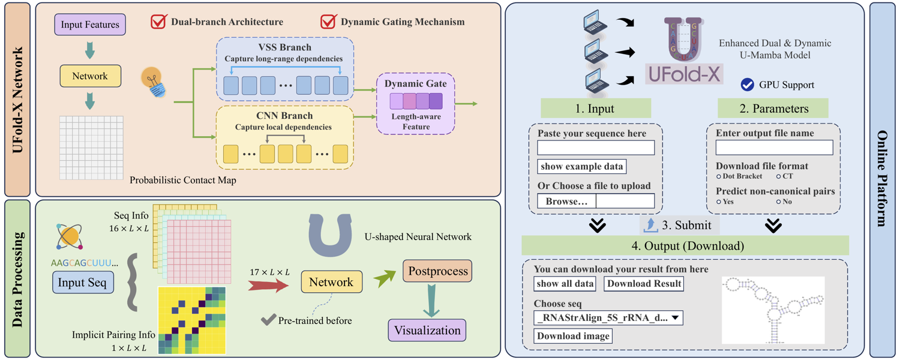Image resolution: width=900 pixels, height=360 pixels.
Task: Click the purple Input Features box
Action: tap(90, 25)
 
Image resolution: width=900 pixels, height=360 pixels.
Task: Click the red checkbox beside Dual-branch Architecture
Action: tap(159, 22)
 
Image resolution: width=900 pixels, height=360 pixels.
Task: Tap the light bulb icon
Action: tap(153, 82)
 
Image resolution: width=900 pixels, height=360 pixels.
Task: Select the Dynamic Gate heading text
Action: tap(415, 83)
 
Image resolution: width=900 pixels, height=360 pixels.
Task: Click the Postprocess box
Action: tap(437, 271)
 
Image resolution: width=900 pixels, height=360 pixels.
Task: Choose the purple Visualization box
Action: tap(427, 330)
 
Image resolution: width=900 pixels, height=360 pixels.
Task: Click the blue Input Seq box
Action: tap(83, 282)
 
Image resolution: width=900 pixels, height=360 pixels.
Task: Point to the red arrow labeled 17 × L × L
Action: tap(268, 286)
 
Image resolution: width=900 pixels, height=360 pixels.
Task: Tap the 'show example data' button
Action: tap(582, 166)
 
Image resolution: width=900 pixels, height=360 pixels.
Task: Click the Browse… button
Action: tap(566, 201)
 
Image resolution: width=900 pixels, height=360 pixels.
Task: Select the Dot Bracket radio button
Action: tap(718, 176)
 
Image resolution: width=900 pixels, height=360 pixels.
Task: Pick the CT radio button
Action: tap(778, 176)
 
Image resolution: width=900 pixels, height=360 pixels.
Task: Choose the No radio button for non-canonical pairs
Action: tap(778, 202)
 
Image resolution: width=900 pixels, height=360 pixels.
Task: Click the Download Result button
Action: tap(644, 284)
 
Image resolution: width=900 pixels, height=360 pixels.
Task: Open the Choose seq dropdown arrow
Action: tap(676, 318)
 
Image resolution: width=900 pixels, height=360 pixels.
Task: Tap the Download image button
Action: tap(573, 336)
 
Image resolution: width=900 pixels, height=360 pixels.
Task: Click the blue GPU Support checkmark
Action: tap(748, 85)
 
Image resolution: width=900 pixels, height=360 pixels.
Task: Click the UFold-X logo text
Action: tap(684, 74)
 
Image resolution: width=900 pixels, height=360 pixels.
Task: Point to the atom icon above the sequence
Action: tap(70, 236)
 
